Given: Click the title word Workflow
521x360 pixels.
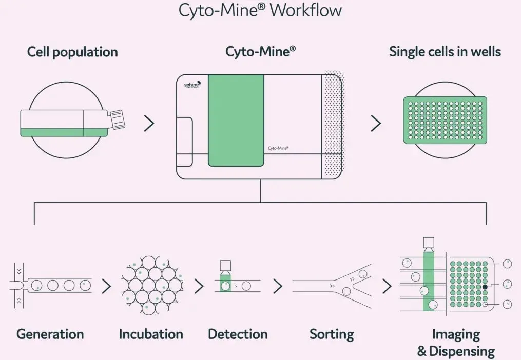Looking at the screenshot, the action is click(x=305, y=10).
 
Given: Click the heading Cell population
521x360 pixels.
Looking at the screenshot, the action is click(x=72, y=52).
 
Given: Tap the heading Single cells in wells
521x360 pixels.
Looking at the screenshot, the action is click(x=445, y=52).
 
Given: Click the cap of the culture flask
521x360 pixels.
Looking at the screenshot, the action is click(x=117, y=119).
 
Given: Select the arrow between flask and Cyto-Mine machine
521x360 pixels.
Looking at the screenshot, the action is click(x=149, y=123).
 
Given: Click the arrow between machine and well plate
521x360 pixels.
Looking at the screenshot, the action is click(x=376, y=123).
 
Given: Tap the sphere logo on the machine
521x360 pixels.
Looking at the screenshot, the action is click(x=192, y=85).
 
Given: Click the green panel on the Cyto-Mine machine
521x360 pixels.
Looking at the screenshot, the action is click(x=236, y=120).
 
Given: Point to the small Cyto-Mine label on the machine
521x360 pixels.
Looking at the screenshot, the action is click(x=278, y=148).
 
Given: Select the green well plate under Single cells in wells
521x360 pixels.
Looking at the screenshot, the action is click(x=445, y=120).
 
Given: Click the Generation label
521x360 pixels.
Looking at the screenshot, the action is click(x=50, y=334).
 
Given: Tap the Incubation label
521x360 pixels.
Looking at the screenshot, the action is click(x=151, y=334).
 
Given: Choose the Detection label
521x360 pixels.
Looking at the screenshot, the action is click(x=238, y=334).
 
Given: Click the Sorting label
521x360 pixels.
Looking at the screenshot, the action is click(x=332, y=334).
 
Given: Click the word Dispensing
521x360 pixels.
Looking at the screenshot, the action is click(x=462, y=351).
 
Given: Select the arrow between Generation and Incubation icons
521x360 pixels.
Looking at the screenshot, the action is click(x=106, y=286).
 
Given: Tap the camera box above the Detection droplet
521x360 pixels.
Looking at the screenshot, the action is click(x=225, y=266).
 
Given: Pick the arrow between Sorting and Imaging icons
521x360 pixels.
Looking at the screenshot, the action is click(x=387, y=286).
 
